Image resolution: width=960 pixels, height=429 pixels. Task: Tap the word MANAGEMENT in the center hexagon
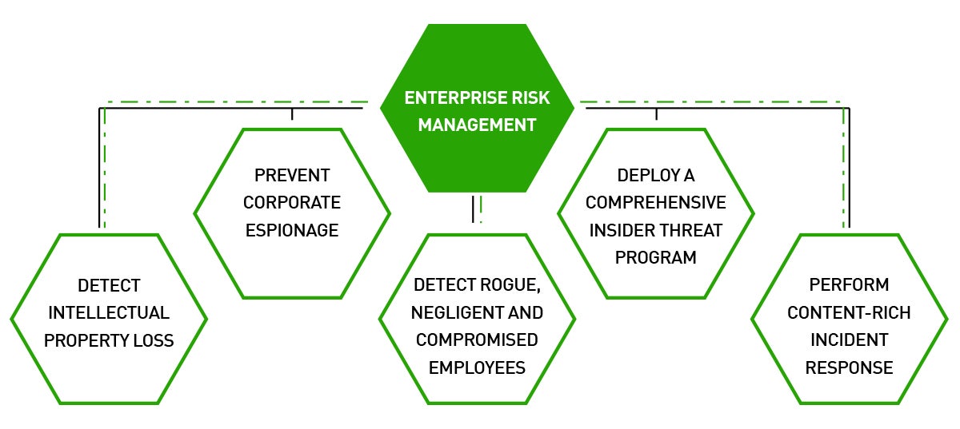477,125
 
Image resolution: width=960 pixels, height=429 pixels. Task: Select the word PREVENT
292,175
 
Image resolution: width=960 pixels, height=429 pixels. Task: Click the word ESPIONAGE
292,230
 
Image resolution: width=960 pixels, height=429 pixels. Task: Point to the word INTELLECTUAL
109,313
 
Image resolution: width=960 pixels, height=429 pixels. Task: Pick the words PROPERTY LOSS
109,340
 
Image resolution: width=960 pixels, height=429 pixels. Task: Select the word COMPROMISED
477,340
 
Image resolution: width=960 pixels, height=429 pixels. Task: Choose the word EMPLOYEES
477,367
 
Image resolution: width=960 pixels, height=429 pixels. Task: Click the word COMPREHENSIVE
656,202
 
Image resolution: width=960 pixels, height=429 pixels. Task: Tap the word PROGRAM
656,258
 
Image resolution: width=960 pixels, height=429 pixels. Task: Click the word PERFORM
849,284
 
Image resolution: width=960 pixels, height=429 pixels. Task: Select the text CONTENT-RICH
849,313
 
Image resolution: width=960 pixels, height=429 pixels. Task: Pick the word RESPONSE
849,367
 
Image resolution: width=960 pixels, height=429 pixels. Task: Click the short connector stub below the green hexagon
473,209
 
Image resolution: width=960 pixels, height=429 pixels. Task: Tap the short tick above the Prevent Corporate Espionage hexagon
292,114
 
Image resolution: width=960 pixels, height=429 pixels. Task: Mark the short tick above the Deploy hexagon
656,114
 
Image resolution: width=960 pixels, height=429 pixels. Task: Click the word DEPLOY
644,175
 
